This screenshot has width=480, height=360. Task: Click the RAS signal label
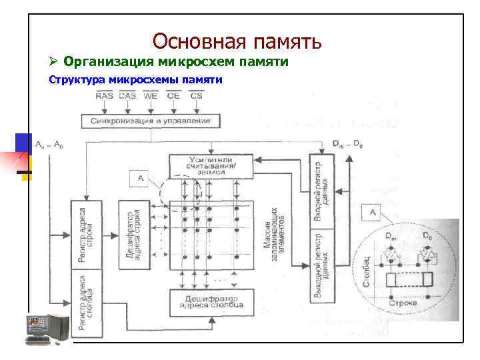(105, 96)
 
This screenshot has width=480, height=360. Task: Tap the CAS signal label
(127, 96)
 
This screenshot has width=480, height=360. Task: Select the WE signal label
(151, 96)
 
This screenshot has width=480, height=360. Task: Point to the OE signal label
(173, 96)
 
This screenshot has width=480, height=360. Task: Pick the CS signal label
(196, 96)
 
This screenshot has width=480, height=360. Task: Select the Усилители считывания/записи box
(211, 166)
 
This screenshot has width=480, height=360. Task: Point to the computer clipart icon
(47, 329)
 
